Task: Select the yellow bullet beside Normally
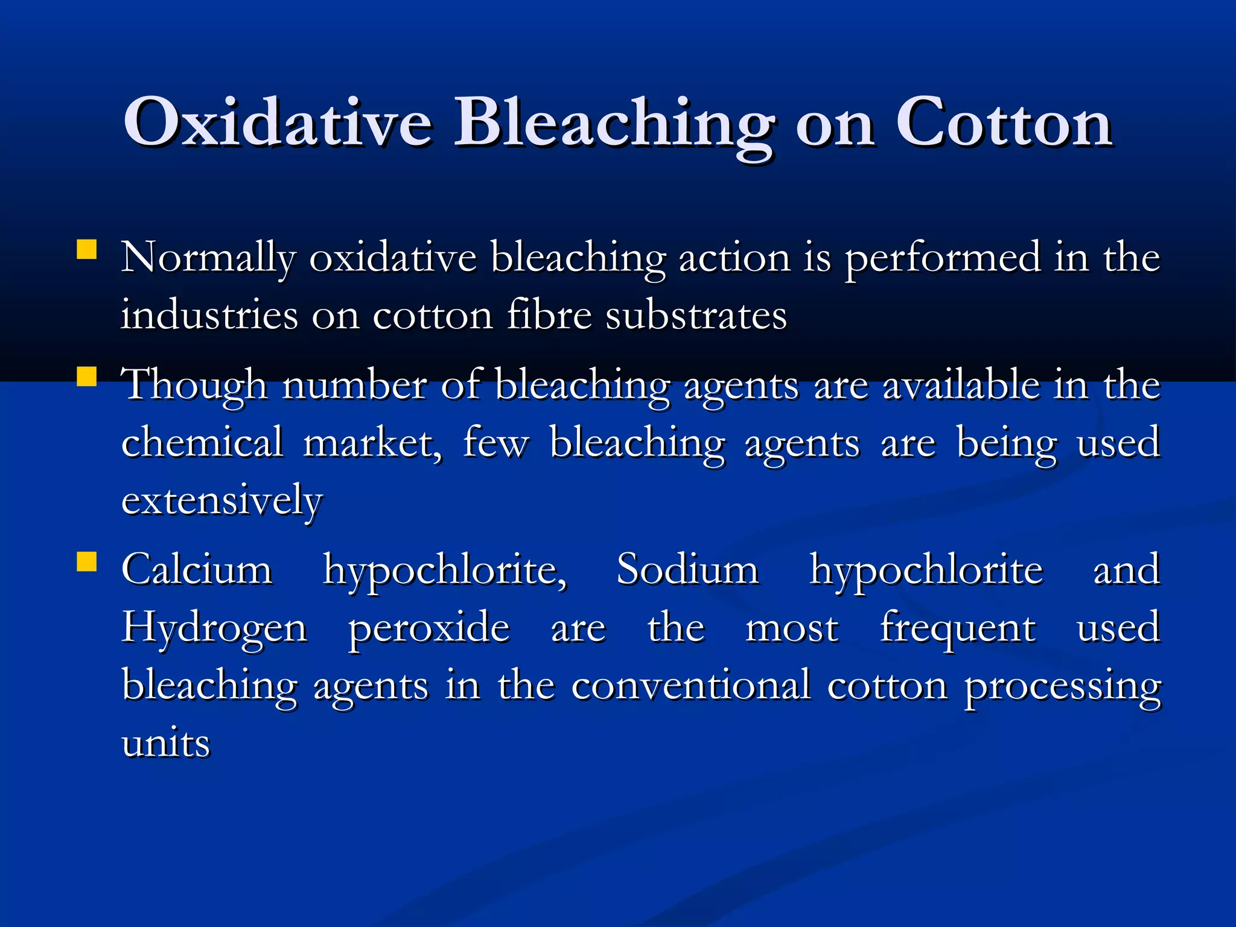[87, 249]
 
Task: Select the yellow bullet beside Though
[87, 377]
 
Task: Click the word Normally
[208, 258]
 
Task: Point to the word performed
[942, 258]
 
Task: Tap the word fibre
[549, 315]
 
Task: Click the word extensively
[222, 501]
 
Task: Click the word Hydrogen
[214, 628]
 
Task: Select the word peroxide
[429, 628]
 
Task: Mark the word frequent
[958, 628]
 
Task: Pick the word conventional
[690, 686]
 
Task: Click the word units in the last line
[165, 743]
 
